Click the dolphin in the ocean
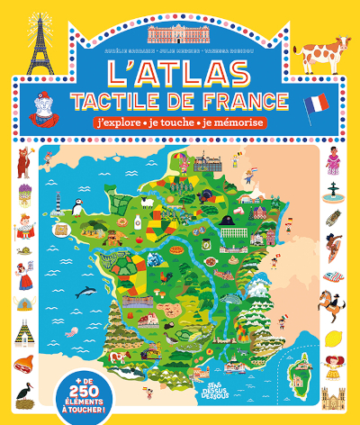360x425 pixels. point(86,290)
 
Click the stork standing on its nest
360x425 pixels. point(24,392)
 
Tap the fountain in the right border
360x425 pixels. point(335,191)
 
